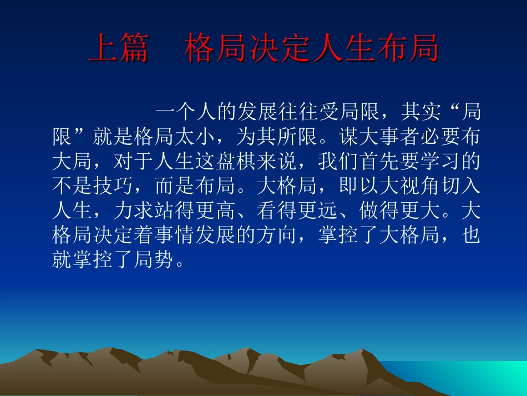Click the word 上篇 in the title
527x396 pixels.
pos(118,48)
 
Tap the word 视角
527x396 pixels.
pos(408,187)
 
